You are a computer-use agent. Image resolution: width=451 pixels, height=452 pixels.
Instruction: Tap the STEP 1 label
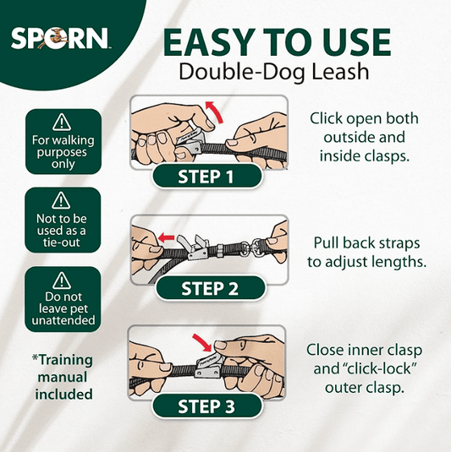206,177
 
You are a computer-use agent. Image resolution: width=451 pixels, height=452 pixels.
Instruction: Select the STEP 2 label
210,289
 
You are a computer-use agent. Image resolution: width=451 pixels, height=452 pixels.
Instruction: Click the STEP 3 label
206,406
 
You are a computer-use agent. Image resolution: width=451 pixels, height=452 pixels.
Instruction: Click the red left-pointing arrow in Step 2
167,237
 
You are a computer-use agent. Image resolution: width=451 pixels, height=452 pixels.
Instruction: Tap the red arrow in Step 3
202,342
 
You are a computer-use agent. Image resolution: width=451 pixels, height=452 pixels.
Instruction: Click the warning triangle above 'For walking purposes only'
62,123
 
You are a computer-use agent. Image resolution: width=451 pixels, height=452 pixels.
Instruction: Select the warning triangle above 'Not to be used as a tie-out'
61,200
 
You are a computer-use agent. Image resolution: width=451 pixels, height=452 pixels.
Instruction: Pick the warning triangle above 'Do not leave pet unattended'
62,280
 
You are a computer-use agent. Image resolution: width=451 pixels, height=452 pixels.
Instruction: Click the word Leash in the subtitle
340,72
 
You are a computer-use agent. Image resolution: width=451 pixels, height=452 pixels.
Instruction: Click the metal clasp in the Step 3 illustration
208,367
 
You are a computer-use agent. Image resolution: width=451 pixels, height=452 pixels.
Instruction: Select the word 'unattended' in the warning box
63,320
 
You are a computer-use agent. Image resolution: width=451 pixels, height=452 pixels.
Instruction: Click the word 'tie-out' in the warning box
62,242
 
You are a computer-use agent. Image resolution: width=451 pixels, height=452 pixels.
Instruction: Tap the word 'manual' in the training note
63,378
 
